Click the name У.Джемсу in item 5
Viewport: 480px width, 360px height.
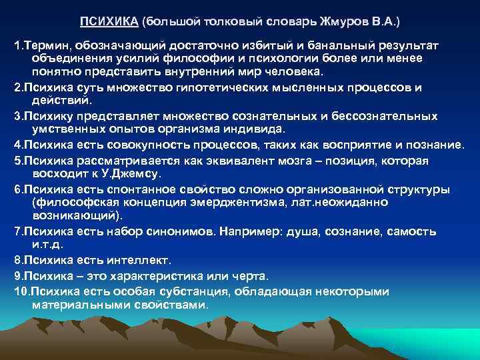coord(129,173)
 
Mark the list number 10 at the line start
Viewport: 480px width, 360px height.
coord(21,291)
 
